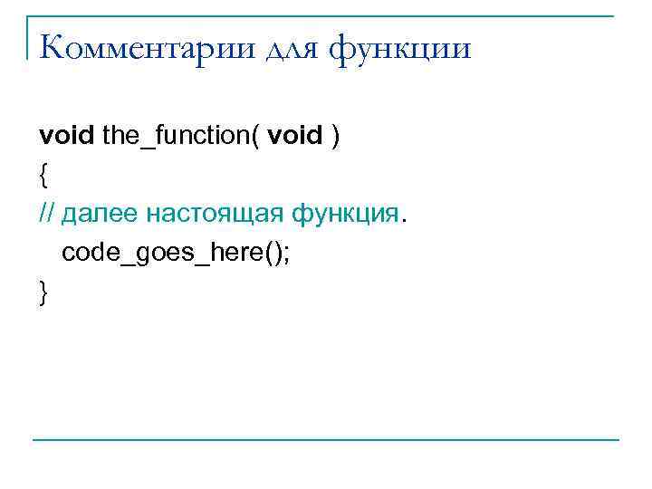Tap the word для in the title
[290, 47]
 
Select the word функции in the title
[399, 47]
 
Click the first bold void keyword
[66, 137]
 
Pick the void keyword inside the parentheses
[296, 137]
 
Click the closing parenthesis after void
[336, 137]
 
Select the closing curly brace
[43, 292]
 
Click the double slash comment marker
[48, 215]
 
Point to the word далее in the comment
[101, 215]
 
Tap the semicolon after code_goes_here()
[287, 253]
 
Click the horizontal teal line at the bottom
[326, 441]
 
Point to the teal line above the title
[326, 15]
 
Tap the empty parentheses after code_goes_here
[271, 253]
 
